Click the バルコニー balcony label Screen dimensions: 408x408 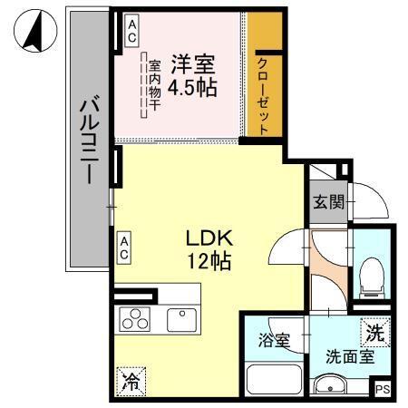(x=88, y=142)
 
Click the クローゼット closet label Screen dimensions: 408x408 (x=262, y=93)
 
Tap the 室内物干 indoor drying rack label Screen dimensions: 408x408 (x=153, y=84)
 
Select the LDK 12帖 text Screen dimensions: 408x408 (x=210, y=250)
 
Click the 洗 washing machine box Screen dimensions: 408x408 (x=374, y=333)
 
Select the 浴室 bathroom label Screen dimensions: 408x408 (x=274, y=342)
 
